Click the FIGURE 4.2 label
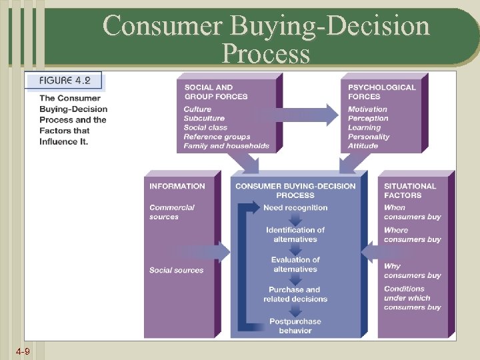point(65,81)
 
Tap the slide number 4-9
point(23,351)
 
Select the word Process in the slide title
point(266,53)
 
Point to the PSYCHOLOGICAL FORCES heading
point(381,91)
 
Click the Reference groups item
point(217,137)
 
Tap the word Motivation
point(367,109)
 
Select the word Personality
point(369,137)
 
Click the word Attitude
point(363,146)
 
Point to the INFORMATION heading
point(177,186)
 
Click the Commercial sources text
point(172,212)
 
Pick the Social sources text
point(176,270)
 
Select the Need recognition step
point(295,207)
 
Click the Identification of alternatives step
point(295,235)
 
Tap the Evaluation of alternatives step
point(295,264)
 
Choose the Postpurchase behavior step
point(295,326)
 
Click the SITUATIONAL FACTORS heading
point(410,191)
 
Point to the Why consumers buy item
point(412,271)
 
